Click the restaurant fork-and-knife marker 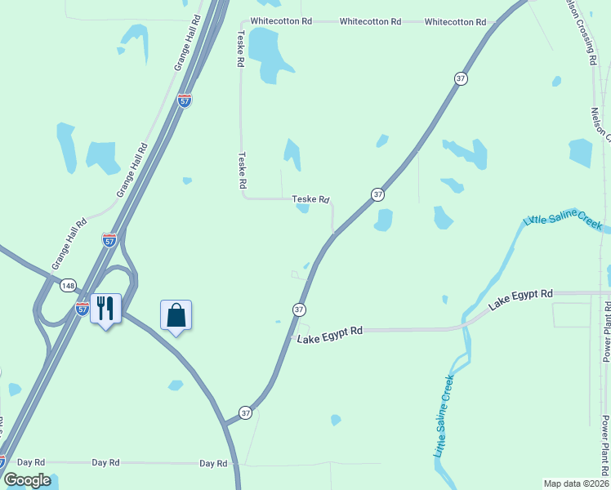click(x=105, y=309)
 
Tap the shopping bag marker click(x=176, y=314)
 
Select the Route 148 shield click(x=66, y=283)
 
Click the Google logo click(x=27, y=480)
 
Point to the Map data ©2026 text click(x=576, y=483)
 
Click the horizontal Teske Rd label click(x=310, y=199)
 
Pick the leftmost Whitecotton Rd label click(x=281, y=21)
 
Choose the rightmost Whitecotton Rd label click(x=455, y=22)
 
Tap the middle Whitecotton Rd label click(x=370, y=21)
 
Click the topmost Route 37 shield click(x=461, y=78)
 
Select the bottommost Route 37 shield click(x=246, y=413)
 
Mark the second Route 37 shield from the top click(x=377, y=194)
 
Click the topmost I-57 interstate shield click(x=185, y=100)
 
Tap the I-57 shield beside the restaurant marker click(x=83, y=308)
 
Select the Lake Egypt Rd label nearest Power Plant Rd click(x=520, y=299)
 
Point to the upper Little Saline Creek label click(x=563, y=220)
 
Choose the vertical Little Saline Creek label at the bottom click(x=442, y=416)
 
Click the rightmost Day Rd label click(x=213, y=463)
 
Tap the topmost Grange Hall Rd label click(x=189, y=42)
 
